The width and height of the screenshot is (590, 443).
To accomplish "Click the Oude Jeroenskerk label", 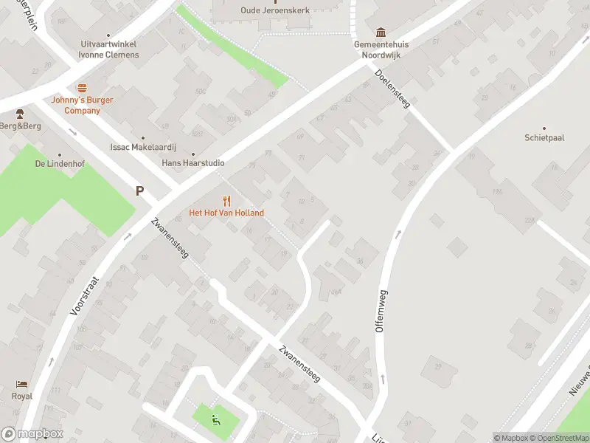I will [275, 10].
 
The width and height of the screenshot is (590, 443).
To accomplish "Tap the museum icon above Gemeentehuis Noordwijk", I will [381, 32].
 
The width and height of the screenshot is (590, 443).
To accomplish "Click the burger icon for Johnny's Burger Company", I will [82, 87].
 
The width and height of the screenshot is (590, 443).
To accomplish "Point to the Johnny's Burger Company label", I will [75, 105].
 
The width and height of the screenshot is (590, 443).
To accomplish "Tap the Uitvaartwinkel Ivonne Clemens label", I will [109, 49].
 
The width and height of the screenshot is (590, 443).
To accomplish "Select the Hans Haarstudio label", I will [193, 162].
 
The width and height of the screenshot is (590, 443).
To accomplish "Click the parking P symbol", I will [139, 191].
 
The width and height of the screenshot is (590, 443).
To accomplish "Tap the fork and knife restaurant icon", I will [226, 201].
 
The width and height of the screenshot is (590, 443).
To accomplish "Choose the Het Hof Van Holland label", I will [226, 213].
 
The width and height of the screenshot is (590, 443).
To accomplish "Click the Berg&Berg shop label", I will [21, 126].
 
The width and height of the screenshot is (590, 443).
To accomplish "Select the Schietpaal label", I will [544, 138].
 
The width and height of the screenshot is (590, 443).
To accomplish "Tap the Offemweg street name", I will [381, 311].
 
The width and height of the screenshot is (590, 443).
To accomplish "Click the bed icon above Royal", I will [22, 385].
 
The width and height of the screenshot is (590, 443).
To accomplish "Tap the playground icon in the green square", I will [216, 420].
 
